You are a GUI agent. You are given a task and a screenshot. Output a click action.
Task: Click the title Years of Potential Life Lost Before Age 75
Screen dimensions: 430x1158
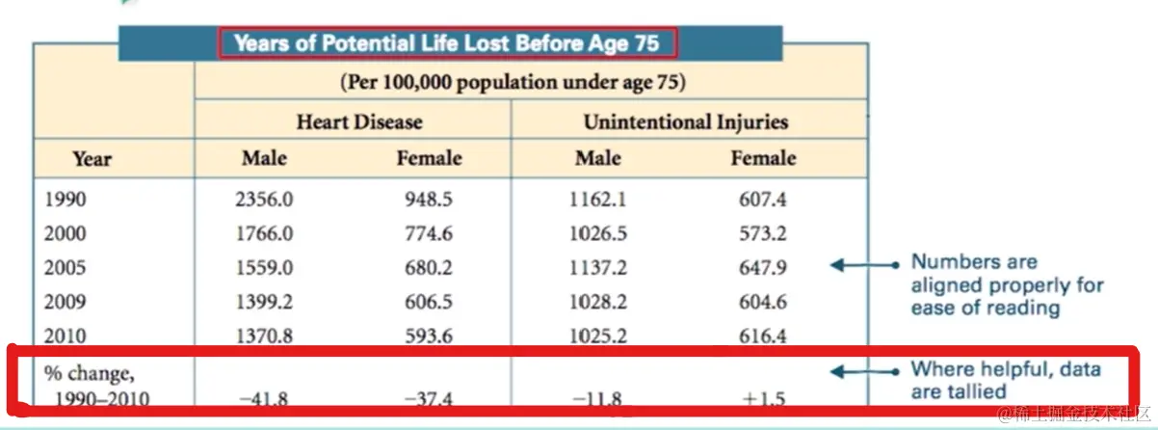coord(448,42)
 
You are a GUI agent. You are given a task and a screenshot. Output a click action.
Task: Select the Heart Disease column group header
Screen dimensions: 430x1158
coord(358,122)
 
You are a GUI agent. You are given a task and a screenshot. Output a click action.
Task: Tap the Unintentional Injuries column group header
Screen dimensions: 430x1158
coord(685,122)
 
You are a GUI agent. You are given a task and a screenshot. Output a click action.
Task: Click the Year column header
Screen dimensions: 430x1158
coord(92,159)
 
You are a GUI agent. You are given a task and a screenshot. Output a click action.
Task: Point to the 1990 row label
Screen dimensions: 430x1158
coord(65,200)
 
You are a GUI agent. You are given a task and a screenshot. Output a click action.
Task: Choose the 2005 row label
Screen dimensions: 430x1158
coord(65,267)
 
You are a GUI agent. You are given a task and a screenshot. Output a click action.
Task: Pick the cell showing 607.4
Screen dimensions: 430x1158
coord(762,200)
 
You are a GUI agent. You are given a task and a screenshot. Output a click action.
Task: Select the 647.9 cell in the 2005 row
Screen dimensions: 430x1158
coord(762,267)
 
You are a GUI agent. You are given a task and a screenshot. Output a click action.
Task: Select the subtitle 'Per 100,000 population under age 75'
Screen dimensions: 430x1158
coord(512,82)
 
